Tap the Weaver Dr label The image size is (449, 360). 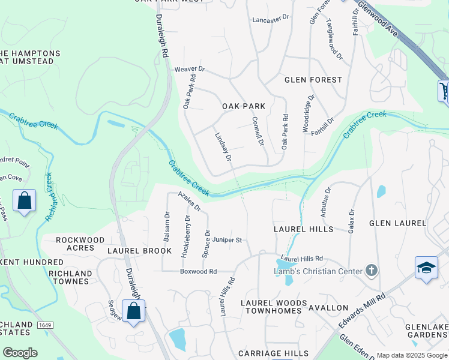(x=190, y=70)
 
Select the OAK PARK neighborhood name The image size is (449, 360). (x=244, y=106)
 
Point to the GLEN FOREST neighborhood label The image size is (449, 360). (x=313, y=80)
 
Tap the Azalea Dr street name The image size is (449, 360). (x=190, y=202)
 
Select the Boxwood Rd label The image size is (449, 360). (x=198, y=271)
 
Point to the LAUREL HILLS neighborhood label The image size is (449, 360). (x=303, y=229)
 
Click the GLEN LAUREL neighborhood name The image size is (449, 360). (x=397, y=223)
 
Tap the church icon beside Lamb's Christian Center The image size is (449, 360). (x=371, y=271)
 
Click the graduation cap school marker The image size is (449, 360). (x=426, y=268)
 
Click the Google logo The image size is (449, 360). (x=20, y=353)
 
